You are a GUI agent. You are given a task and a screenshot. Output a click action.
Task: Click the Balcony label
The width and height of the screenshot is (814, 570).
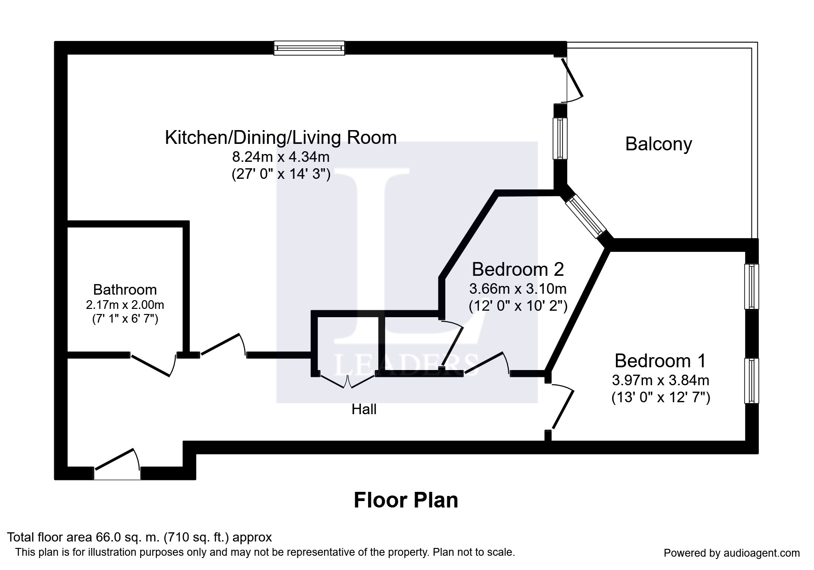point(658,144)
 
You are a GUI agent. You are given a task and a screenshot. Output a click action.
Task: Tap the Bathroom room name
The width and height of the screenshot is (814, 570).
point(125,290)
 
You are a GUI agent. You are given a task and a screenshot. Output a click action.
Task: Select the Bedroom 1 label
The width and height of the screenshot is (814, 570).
point(660,361)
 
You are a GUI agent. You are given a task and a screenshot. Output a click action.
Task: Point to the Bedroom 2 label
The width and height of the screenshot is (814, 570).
point(518,269)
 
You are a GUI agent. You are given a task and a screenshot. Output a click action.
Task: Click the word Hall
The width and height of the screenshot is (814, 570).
point(364,409)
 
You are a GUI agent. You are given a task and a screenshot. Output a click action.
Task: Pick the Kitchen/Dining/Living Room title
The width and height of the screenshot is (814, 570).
point(281,138)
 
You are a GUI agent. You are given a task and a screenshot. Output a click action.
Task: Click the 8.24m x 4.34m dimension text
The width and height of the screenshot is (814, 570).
point(281,157)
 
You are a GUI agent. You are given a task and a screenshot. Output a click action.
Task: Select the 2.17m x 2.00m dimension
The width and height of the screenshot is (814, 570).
point(125,305)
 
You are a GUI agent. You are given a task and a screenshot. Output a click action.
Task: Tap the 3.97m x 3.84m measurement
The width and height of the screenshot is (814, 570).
point(660,380)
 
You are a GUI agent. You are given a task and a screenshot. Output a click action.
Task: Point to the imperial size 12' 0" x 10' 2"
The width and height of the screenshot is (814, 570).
point(518,306)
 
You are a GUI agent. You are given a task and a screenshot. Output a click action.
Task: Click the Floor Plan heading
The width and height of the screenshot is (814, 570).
point(406,500)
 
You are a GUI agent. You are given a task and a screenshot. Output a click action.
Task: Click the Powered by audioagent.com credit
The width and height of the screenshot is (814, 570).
point(732,553)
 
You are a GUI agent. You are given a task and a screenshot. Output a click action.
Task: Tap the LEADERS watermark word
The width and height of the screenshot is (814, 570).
point(407,365)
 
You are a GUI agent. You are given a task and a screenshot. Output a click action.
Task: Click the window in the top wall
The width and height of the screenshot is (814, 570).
point(309,48)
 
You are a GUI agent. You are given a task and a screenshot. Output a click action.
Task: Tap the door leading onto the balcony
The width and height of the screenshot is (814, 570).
point(572,79)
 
